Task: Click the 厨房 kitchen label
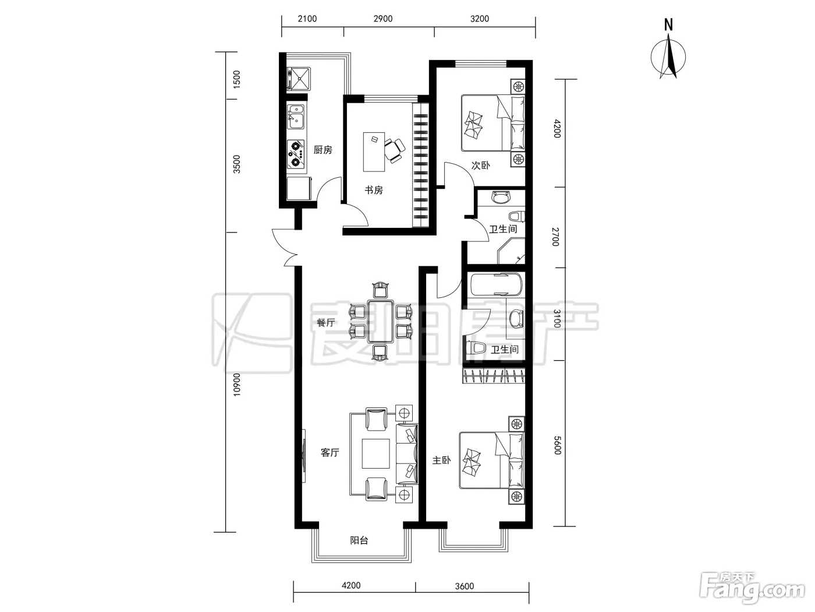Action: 323,150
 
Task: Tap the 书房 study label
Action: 374,190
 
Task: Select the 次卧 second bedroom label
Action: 480,166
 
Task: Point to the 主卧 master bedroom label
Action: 441,460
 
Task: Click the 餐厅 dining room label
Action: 325,322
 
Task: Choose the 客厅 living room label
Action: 329,453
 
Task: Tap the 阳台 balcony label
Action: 359,540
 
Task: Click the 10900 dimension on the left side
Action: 236,385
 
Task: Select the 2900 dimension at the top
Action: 383,19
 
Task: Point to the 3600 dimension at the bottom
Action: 464,586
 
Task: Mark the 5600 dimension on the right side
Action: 557,445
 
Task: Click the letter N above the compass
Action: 668,25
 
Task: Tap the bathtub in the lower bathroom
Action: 496,284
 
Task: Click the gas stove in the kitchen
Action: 296,153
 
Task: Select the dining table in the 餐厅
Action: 381,321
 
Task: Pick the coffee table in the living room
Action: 375,453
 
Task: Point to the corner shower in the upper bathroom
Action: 511,251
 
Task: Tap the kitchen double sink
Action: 296,117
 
